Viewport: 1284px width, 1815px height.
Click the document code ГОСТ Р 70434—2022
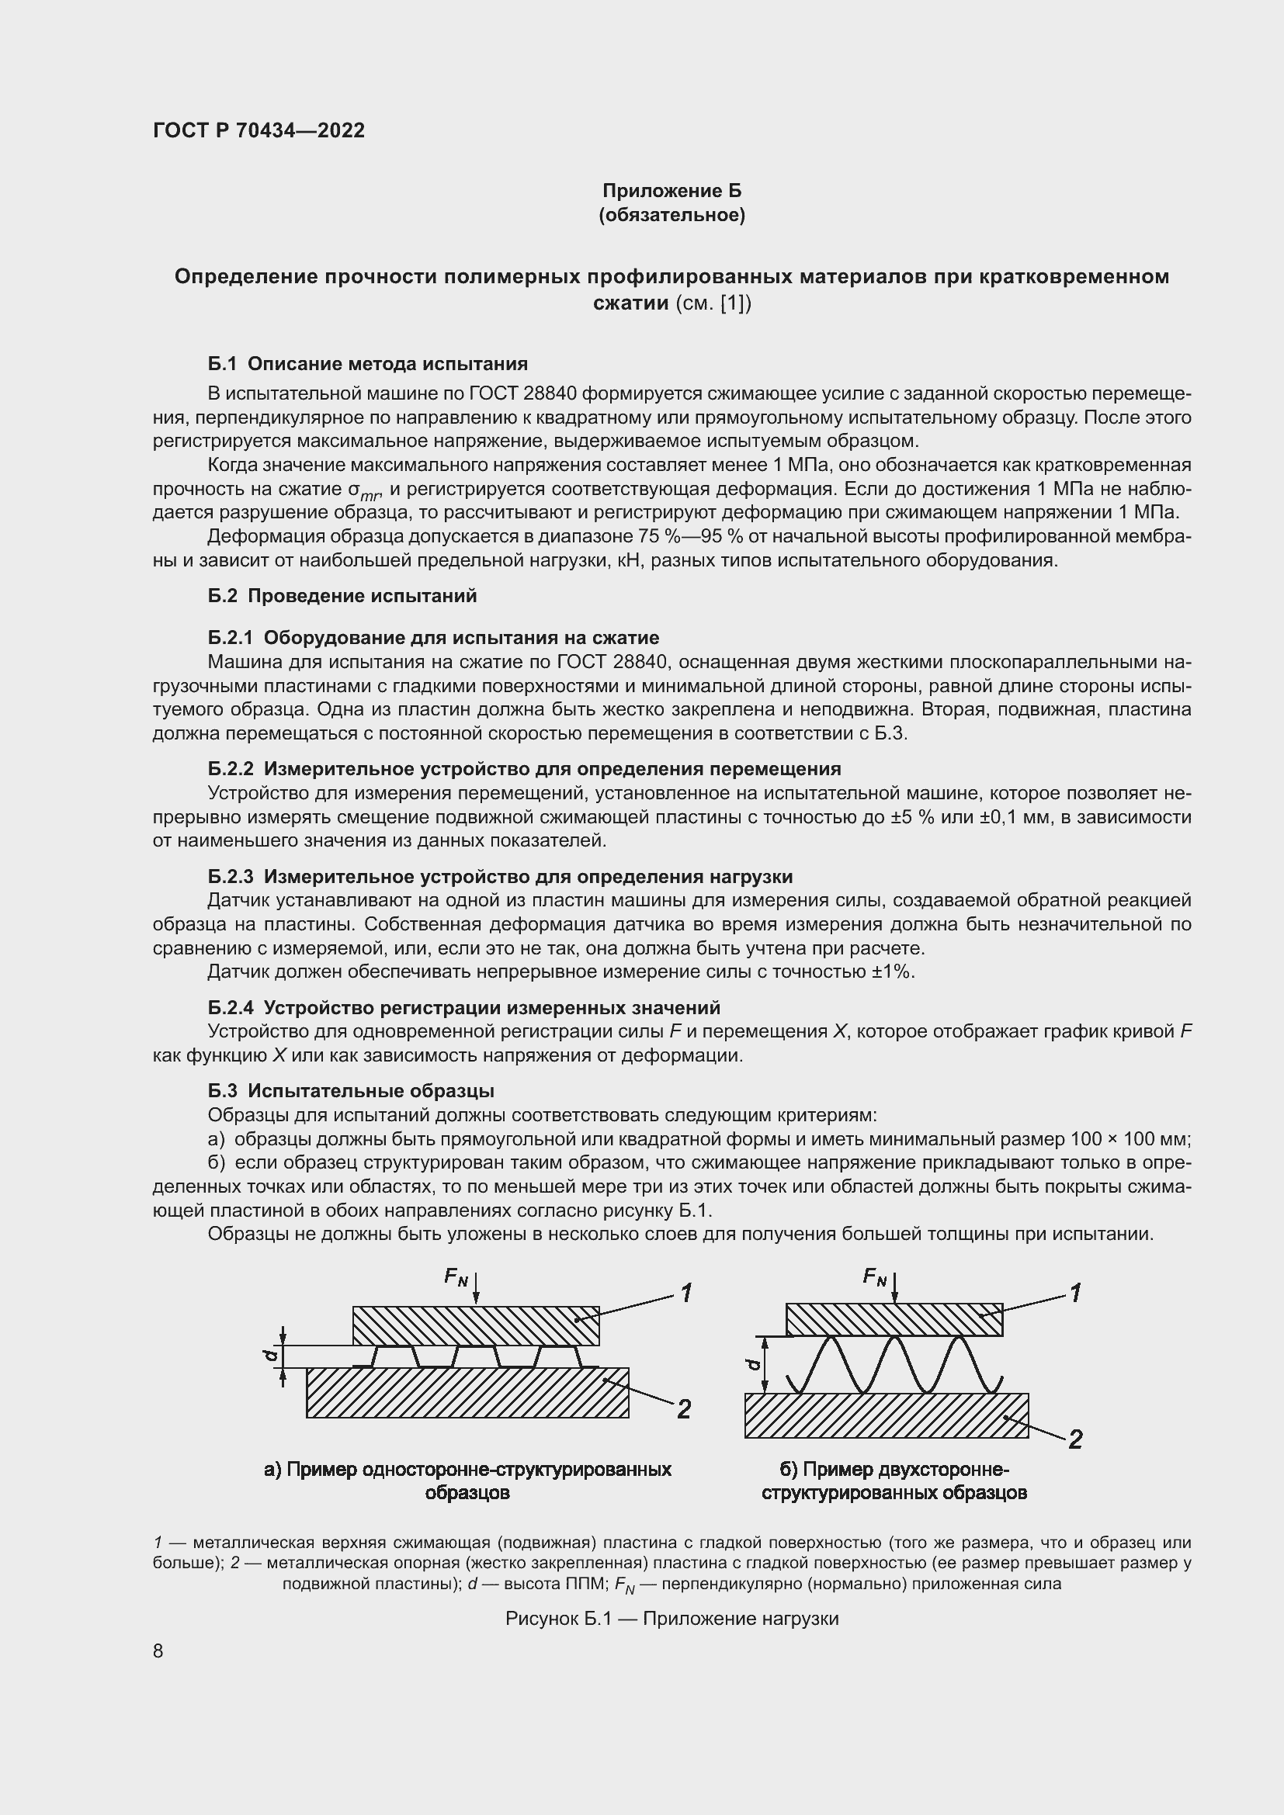click(259, 130)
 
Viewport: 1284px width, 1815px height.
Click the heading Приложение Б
click(672, 191)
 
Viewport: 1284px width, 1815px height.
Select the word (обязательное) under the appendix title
click(672, 215)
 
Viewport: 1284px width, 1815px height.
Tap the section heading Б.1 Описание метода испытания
click(368, 364)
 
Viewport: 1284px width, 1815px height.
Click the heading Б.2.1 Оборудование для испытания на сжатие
click(433, 637)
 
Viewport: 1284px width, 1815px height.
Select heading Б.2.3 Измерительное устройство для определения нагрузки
click(500, 876)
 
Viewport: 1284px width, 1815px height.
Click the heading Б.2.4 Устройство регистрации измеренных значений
click(464, 1008)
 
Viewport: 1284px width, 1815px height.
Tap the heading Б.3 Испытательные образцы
click(351, 1091)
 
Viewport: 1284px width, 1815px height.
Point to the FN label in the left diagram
click(456, 1276)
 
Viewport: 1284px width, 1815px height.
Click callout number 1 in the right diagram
click(1075, 1294)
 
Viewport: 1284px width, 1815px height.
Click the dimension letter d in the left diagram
click(269, 1356)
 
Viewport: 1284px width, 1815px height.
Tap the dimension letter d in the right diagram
click(753, 1363)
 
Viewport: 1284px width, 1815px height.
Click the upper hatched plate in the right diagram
click(894, 1319)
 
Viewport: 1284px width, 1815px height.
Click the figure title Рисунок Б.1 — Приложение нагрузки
click(671, 1619)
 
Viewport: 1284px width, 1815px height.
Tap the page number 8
click(158, 1651)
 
